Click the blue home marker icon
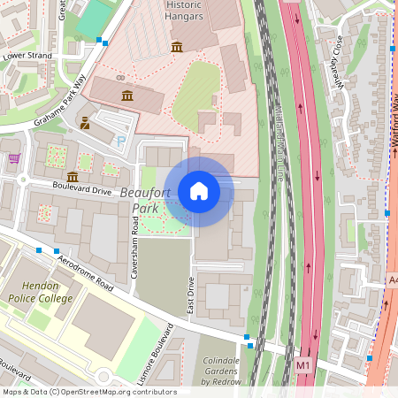point(199,191)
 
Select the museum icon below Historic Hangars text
point(177,46)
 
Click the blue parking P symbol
point(121,141)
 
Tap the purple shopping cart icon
point(14,159)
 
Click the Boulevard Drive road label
point(82,189)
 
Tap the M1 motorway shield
point(303,364)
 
